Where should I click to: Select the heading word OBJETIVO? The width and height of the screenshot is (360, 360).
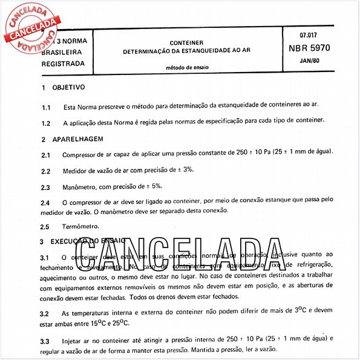(68, 88)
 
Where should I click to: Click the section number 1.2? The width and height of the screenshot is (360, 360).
(45, 122)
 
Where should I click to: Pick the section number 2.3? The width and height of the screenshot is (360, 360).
(45, 187)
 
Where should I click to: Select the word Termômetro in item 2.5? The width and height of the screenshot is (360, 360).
(80, 226)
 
